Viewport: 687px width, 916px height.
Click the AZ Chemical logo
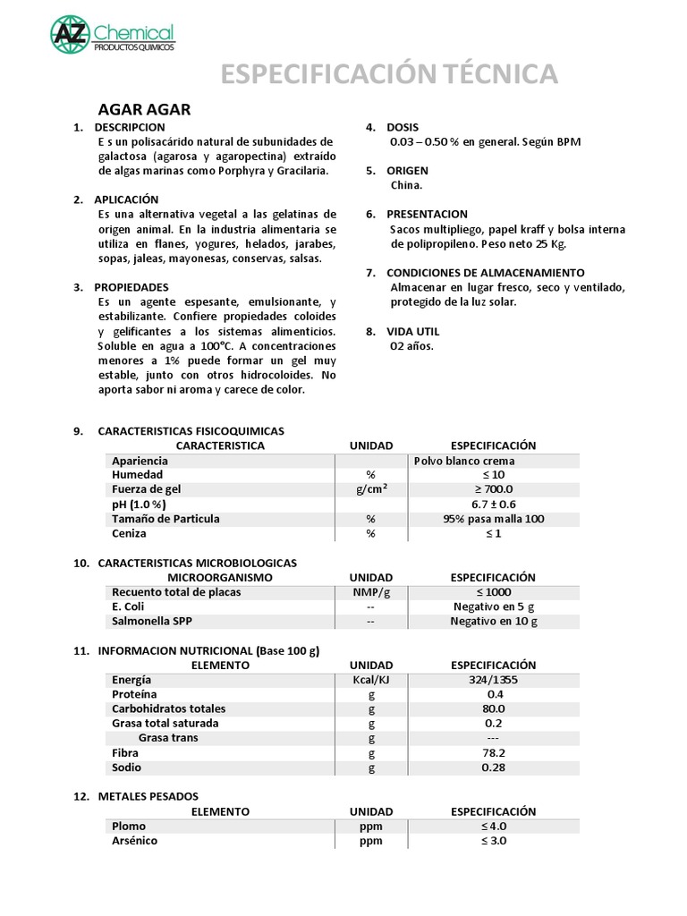point(111,35)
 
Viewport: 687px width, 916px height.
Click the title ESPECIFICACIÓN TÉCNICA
point(389,74)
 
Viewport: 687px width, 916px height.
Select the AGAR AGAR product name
point(145,110)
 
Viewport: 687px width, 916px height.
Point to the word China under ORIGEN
point(406,185)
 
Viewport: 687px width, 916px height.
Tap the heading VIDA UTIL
point(414,330)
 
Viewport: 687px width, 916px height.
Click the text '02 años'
point(411,345)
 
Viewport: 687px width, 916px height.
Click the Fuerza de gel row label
point(147,489)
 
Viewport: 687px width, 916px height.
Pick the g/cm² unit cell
point(370,489)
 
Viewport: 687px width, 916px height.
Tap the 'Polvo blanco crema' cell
point(464,461)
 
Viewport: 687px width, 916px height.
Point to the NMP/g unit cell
point(370,592)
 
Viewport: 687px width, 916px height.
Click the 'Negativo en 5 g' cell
point(493,606)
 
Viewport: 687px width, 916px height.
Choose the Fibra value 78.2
point(493,752)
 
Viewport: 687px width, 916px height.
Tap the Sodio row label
point(127,768)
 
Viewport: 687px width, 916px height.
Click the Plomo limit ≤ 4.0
point(493,826)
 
